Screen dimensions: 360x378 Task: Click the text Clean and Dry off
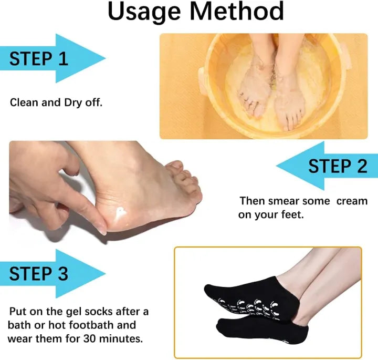point(56,102)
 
